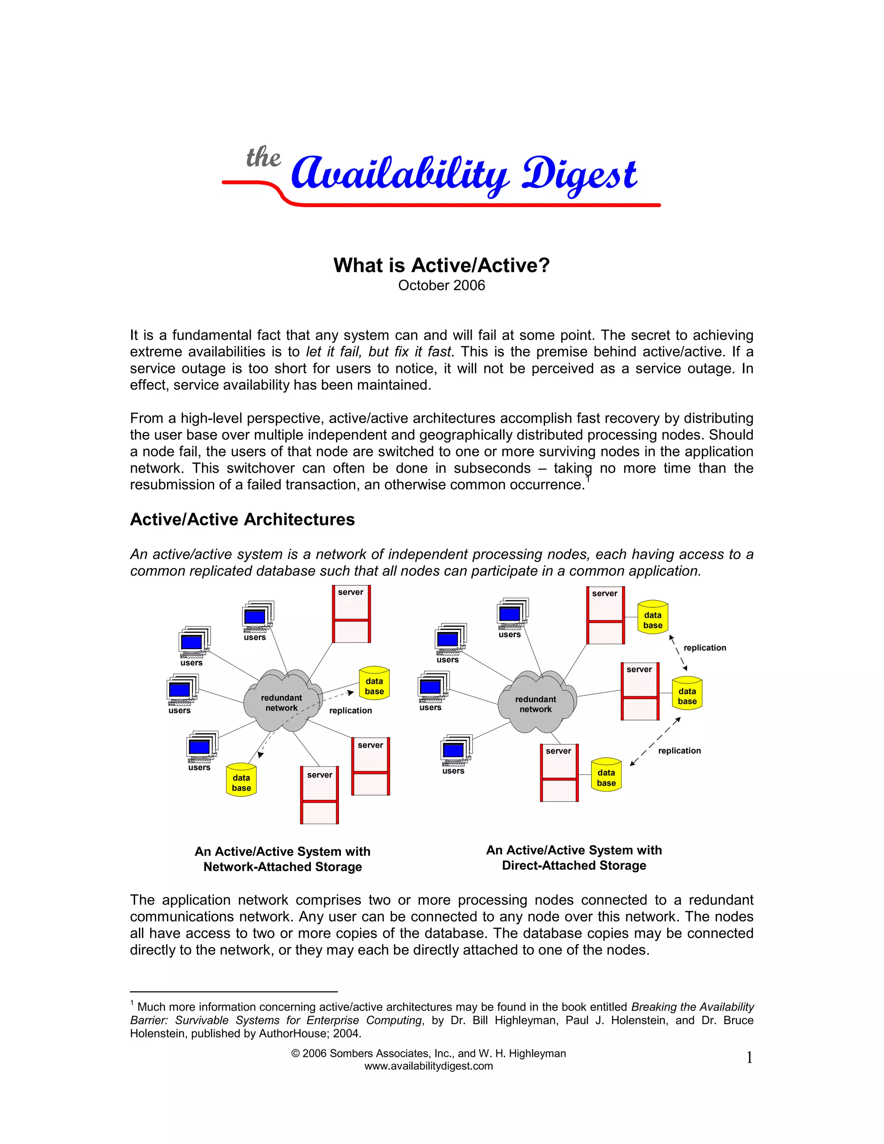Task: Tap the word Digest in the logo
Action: pyautogui.click(x=579, y=175)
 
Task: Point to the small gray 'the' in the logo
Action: pyautogui.click(x=263, y=157)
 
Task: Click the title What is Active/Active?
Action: pyautogui.click(x=442, y=265)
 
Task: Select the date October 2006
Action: pyautogui.click(x=442, y=285)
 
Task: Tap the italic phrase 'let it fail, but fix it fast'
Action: pyautogui.click(x=378, y=351)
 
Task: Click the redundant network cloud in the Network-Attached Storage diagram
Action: pyautogui.click(x=282, y=702)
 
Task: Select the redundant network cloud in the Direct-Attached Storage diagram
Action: pyautogui.click(x=535, y=704)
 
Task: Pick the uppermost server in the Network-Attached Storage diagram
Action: pyautogui.click(x=351, y=614)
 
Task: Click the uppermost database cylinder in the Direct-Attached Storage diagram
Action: pyautogui.click(x=653, y=618)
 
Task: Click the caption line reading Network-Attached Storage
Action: pyautogui.click(x=282, y=867)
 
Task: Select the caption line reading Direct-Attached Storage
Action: pyautogui.click(x=574, y=865)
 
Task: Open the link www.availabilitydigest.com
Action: pyautogui.click(x=428, y=1066)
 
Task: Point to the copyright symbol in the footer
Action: pyautogui.click(x=295, y=1053)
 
